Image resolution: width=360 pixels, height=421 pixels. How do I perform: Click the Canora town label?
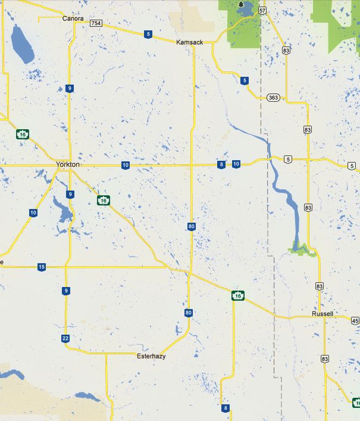coord(73,18)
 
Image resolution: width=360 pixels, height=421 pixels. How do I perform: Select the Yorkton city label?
coord(67,164)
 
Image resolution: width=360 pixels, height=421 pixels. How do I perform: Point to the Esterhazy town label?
coord(151,356)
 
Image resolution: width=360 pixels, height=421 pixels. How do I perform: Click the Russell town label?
coord(322,314)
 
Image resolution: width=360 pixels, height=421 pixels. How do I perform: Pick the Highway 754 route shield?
coord(95,23)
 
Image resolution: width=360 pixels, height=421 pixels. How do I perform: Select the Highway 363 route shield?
coord(273,98)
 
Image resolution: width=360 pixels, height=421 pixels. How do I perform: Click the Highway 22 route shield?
coord(65,338)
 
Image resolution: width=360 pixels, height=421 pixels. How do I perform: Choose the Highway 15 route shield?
coord(41,267)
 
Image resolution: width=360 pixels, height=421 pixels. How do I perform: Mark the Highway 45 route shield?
coord(355,321)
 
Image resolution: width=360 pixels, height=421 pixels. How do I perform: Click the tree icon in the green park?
coord(240,5)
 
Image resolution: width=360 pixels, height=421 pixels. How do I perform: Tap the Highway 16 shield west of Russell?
coord(237,295)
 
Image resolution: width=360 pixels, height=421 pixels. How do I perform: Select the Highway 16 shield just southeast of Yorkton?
coord(104,200)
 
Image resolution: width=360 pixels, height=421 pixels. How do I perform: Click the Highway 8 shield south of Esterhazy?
coord(225,408)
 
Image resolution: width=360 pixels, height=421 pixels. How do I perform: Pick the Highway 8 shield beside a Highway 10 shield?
coord(221,164)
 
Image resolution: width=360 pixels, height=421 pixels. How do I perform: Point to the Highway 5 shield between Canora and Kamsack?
coord(148,34)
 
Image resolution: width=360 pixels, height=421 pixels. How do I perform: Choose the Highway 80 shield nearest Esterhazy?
coord(189,313)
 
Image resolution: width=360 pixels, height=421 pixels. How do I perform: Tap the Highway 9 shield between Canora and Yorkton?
coord(70,89)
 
